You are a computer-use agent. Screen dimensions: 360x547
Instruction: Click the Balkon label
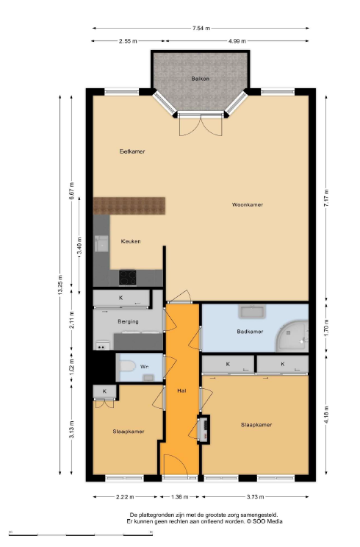[x=200, y=79]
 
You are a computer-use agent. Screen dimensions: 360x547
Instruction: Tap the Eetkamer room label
[x=132, y=151]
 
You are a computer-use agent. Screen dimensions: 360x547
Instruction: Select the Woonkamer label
[x=248, y=204]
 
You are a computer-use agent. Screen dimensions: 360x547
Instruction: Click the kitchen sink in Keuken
[x=102, y=243]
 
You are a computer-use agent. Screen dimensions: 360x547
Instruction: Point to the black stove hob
[x=128, y=278]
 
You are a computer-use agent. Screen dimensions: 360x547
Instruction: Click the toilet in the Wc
[x=128, y=366]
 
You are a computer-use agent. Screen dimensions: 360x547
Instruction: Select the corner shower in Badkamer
[x=292, y=335]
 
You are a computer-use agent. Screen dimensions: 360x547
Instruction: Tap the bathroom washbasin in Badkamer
[x=252, y=312]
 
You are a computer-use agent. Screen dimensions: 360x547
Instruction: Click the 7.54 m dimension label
[x=201, y=28]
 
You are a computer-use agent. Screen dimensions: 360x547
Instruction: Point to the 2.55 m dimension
[x=128, y=41]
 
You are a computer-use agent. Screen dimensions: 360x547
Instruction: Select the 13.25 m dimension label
[x=60, y=285]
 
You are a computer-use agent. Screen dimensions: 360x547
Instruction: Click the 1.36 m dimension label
[x=180, y=497]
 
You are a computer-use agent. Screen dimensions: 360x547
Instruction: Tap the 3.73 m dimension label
[x=255, y=497]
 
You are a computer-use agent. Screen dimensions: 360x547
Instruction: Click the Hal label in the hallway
[x=181, y=391]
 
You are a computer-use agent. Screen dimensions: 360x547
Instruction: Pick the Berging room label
[x=128, y=321]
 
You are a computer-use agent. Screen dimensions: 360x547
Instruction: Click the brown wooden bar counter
[x=129, y=206]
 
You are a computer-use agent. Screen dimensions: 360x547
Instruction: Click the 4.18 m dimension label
[x=326, y=415]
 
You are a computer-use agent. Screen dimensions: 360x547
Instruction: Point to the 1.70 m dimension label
[x=326, y=328]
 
